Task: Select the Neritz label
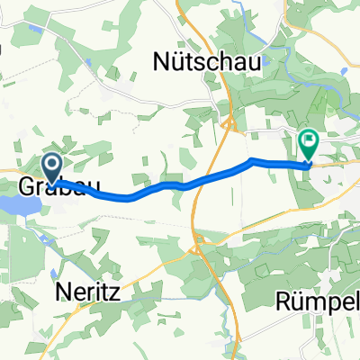87,292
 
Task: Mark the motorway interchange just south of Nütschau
229,125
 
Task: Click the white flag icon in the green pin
309,140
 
